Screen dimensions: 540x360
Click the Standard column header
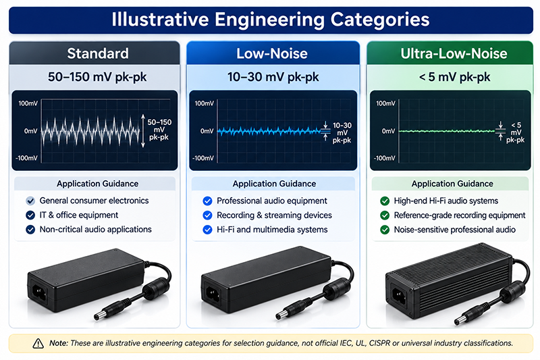tap(98, 53)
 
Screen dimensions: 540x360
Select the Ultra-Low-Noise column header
tap(454, 53)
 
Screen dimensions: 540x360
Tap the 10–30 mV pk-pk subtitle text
tap(273, 77)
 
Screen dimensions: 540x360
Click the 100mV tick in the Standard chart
tap(28, 103)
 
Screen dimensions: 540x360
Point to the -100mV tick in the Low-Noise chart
tap(203, 158)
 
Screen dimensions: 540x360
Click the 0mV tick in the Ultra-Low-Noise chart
tap(388, 131)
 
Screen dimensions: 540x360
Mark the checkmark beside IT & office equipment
tap(30, 215)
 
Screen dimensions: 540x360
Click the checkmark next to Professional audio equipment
tap(207, 201)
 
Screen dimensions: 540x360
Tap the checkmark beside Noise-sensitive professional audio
tap(384, 230)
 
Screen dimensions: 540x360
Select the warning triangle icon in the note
tap(38, 344)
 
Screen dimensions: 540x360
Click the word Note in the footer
tap(59, 343)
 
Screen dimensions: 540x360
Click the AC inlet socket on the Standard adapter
tap(39, 293)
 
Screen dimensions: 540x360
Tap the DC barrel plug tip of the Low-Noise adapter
tap(279, 315)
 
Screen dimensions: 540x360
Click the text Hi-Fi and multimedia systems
tap(272, 230)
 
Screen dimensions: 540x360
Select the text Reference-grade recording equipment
tap(460, 215)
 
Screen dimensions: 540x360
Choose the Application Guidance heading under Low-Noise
tap(274, 184)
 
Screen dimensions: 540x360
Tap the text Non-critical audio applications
tap(95, 230)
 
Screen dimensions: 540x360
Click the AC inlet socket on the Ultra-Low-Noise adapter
tap(399, 296)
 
